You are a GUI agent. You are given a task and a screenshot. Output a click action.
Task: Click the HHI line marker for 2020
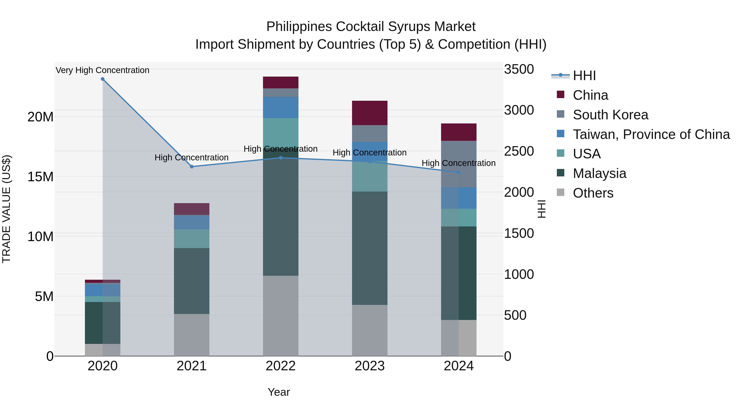coord(103,79)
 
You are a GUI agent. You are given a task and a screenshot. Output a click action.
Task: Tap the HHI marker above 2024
coord(459,173)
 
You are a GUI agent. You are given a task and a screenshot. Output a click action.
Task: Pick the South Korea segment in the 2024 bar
coord(459,164)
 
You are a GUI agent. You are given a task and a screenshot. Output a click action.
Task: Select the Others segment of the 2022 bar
coord(281,316)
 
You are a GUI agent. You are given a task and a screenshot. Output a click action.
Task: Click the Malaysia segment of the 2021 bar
coord(191,281)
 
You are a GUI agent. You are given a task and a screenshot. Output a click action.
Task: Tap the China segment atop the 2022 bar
coord(281,83)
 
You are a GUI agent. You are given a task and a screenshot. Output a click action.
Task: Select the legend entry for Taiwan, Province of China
coord(651,134)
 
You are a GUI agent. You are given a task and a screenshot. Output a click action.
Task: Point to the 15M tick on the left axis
coord(40,176)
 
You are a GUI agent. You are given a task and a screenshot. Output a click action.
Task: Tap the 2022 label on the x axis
coord(281,366)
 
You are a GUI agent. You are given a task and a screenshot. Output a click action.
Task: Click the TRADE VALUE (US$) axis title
coord(6,209)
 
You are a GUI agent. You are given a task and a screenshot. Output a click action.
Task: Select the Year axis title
coord(278,392)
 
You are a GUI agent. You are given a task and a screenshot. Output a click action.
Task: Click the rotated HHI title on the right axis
coord(541,209)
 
